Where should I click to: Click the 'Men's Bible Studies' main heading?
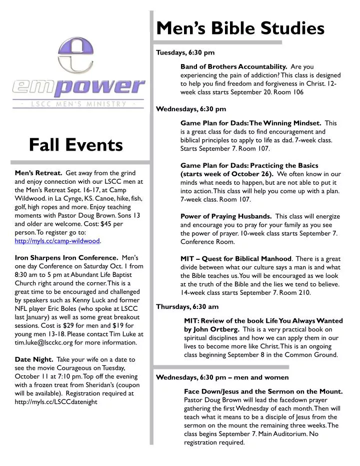(240, 29)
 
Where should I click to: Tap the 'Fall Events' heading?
(75, 145)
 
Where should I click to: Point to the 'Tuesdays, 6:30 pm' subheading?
(185, 52)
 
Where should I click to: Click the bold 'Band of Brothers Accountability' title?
(233, 66)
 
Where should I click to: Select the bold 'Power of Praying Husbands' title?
(226, 216)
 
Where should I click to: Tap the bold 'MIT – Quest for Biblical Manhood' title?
(235, 259)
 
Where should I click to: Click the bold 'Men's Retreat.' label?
(38, 173)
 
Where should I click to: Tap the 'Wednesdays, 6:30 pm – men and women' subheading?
(222, 377)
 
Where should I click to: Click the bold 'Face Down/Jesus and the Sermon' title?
(263, 391)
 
